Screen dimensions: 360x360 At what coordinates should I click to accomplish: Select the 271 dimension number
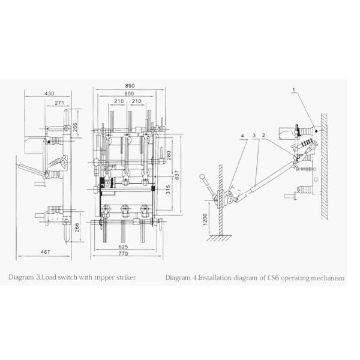click(x=59, y=104)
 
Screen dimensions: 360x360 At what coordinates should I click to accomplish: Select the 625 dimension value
click(x=124, y=247)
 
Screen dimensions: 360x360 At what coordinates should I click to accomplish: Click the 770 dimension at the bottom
click(x=124, y=254)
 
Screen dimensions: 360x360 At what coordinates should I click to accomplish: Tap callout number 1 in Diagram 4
click(x=294, y=91)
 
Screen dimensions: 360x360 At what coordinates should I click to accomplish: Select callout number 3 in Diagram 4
click(x=254, y=136)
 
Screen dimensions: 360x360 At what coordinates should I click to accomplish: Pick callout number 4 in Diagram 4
click(x=243, y=136)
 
